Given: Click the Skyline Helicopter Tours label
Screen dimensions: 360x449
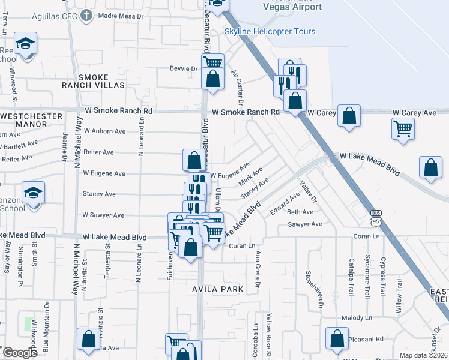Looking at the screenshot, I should click(270, 31).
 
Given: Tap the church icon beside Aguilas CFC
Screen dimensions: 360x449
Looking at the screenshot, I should click(86, 14).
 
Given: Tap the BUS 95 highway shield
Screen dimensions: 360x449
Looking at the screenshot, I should click(376, 216).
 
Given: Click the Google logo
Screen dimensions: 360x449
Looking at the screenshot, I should click(19, 352).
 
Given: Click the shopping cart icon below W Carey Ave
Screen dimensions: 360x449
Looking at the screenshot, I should click(403, 128).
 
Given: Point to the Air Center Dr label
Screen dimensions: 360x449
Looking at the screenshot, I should click(237, 88).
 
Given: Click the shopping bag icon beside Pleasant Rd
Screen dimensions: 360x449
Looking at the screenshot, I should click(337, 338).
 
